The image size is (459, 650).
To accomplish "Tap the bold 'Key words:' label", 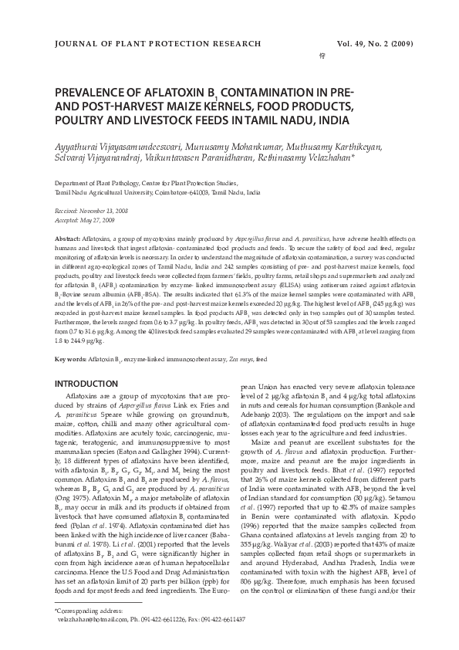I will (x=70, y=360).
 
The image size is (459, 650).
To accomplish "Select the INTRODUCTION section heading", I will (x=86, y=384).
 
